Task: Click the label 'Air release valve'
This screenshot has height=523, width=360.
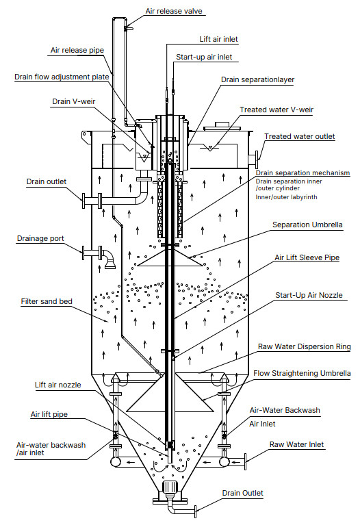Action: point(174,11)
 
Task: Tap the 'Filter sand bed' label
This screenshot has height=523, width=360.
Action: point(47,301)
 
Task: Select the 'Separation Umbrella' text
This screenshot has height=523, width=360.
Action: point(307,225)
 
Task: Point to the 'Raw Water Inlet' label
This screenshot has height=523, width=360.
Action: point(296,444)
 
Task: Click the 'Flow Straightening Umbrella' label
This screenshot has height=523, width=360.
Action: point(302,373)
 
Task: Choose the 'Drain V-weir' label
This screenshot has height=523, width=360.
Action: point(74,101)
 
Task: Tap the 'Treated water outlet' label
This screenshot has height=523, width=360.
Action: point(300,136)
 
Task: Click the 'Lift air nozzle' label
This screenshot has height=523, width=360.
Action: point(58,385)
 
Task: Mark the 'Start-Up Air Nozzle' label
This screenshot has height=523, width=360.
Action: point(309,295)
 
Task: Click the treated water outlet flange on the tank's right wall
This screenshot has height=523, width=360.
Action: point(257,160)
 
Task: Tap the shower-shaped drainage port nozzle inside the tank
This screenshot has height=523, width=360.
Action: point(110,261)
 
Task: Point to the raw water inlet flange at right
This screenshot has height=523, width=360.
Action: point(245,462)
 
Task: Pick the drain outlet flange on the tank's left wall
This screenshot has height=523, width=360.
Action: point(83,201)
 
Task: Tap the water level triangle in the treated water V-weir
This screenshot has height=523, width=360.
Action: point(209,148)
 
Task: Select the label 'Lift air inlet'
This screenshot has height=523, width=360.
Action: point(218,39)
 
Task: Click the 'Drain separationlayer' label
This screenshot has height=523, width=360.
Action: point(257,79)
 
